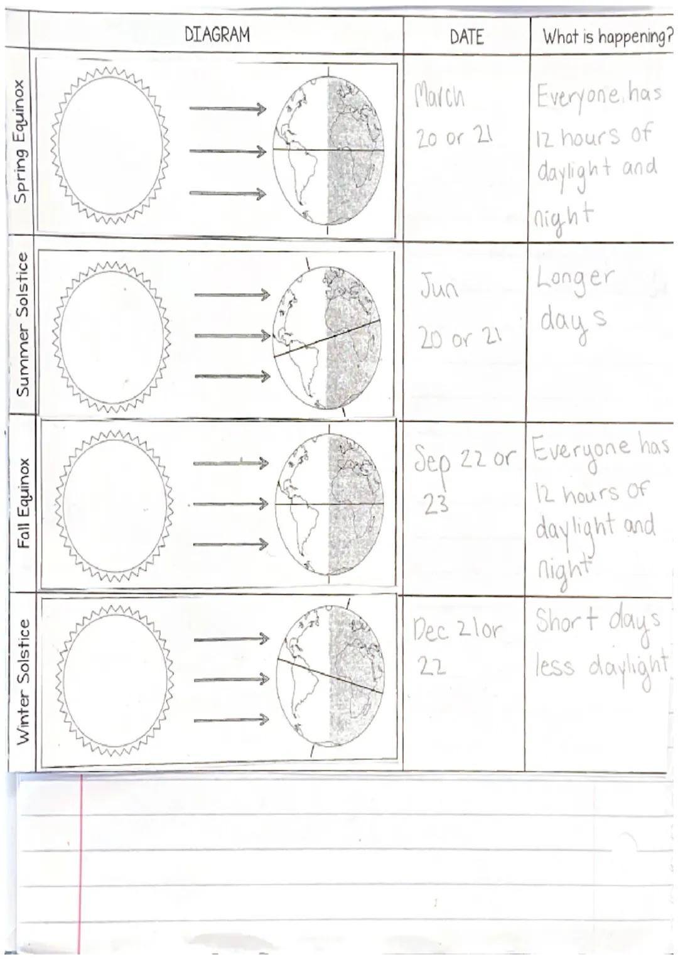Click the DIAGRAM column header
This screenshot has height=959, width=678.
217,35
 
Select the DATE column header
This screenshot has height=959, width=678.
466,37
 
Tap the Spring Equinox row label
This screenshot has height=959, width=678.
21,141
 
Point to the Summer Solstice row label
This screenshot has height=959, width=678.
23,324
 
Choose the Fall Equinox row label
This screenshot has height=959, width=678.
24,503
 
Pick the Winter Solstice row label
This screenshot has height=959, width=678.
23,682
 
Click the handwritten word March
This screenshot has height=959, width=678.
440,97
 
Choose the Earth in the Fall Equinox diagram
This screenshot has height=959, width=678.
329,504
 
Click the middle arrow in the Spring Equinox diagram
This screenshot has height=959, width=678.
227,151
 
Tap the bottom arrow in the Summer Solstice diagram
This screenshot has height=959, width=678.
232,376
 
